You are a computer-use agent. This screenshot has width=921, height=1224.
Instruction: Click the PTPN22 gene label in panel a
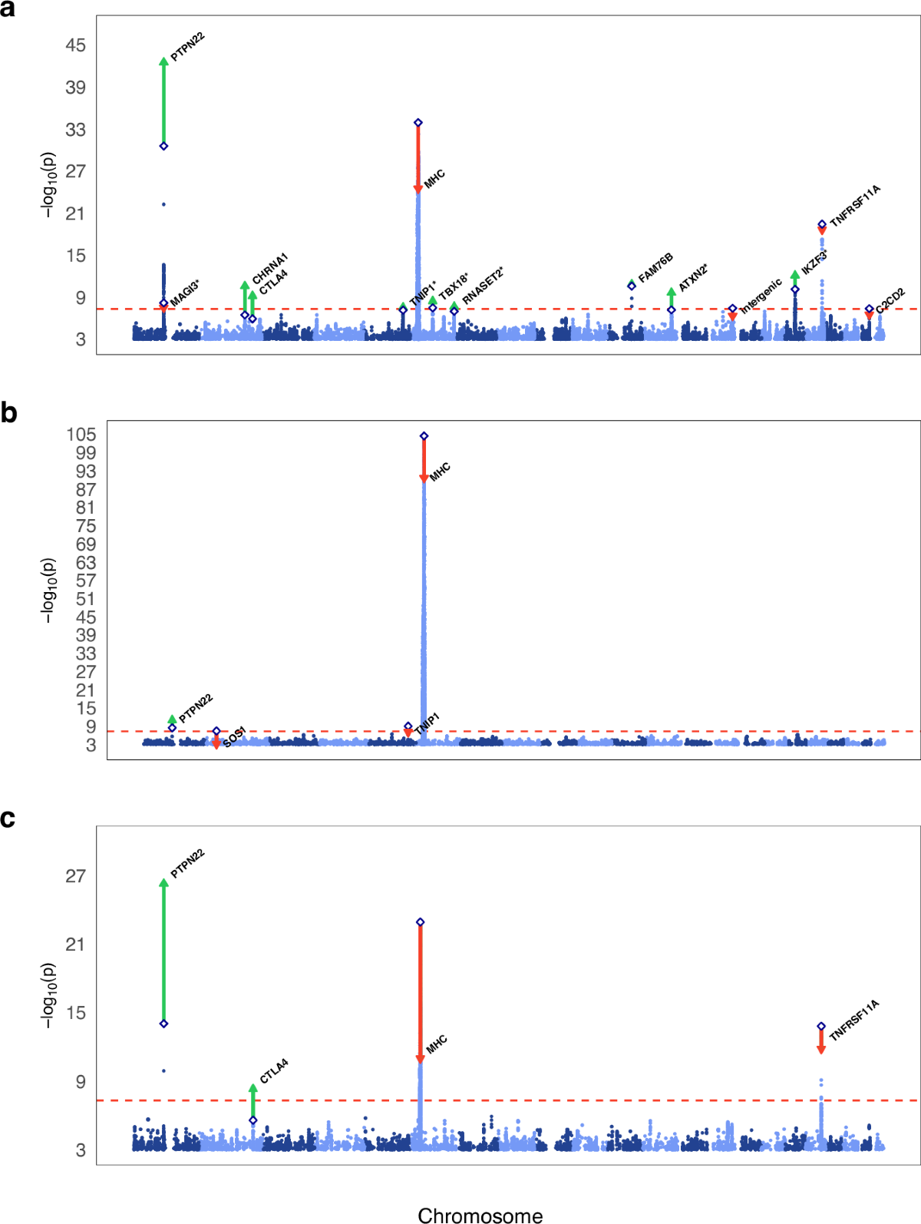click(x=187, y=47)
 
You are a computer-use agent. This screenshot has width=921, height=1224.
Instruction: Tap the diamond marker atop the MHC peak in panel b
click(x=424, y=436)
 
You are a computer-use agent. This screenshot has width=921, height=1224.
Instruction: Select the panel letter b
click(x=8, y=413)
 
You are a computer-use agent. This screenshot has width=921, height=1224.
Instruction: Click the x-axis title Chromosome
click(x=480, y=1215)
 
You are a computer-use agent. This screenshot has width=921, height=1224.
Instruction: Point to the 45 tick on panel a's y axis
click(x=75, y=45)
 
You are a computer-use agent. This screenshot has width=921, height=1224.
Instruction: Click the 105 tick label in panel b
click(x=81, y=435)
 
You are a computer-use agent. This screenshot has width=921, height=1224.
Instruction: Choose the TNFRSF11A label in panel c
click(x=854, y=1021)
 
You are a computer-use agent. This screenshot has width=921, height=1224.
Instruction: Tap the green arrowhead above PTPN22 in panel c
click(x=163, y=883)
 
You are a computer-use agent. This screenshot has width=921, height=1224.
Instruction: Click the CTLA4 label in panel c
click(x=274, y=1070)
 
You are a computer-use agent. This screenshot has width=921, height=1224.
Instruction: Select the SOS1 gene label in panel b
click(x=234, y=736)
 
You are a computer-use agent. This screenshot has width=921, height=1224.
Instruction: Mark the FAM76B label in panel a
click(x=655, y=266)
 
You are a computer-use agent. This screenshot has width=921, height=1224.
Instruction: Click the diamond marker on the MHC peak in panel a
click(x=418, y=123)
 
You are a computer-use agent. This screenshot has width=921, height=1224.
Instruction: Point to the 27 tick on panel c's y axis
click(x=75, y=876)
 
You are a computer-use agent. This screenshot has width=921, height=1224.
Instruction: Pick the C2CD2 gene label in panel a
click(x=890, y=300)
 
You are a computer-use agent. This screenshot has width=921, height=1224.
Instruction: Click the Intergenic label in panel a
click(x=761, y=295)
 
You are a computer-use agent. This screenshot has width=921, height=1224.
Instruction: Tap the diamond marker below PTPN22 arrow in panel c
click(x=163, y=1024)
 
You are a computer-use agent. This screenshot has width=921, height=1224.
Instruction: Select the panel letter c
click(x=8, y=819)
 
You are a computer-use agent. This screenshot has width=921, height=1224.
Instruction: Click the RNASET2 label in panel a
click(x=483, y=286)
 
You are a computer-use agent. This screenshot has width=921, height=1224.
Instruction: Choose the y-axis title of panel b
click(x=48, y=590)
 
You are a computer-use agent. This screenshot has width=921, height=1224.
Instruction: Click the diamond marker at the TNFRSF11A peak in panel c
click(x=821, y=1027)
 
